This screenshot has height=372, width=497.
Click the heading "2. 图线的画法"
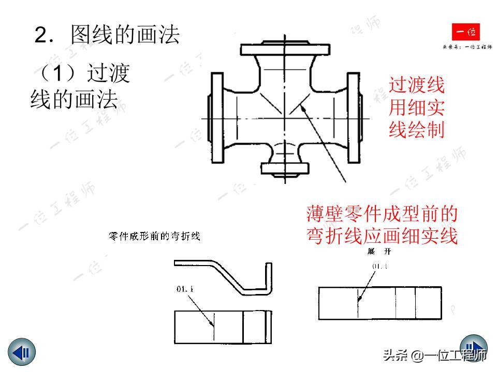(x=107, y=35)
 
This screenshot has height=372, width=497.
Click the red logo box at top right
(x=465, y=33)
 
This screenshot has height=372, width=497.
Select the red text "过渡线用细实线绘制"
(x=417, y=107)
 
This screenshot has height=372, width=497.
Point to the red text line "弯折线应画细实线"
(x=382, y=236)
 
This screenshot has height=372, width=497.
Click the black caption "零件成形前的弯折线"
(x=154, y=237)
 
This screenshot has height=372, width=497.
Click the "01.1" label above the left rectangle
(x=185, y=289)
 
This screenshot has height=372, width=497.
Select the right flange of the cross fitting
(x=354, y=118)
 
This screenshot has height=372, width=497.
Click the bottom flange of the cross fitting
(x=285, y=169)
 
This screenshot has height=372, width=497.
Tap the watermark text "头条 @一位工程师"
(x=435, y=355)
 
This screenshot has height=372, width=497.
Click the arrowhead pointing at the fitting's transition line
(x=302, y=107)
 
